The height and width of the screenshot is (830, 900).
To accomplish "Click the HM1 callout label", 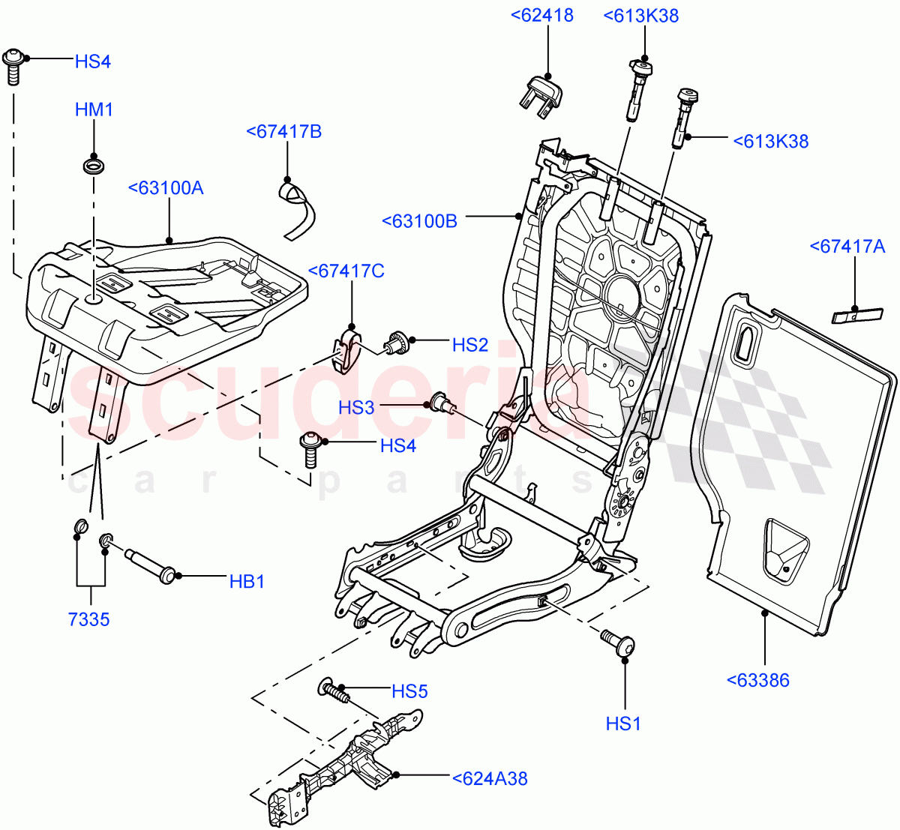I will tap(94, 109).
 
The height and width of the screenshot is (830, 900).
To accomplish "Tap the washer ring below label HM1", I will tap(94, 164).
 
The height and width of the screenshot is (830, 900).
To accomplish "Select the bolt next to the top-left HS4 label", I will tap(13, 66).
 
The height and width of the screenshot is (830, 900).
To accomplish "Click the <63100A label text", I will tap(166, 187).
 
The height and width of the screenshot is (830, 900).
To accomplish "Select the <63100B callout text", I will tap(419, 221).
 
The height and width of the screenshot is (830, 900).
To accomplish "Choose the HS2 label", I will tap(470, 345).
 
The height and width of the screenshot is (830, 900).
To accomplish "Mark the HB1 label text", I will tap(247, 581).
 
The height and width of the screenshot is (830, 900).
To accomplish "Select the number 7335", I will tap(88, 619).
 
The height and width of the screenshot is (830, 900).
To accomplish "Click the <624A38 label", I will tap(490, 779).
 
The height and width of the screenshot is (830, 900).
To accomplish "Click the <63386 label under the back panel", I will tap(757, 680).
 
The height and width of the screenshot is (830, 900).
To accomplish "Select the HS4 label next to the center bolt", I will tap(397, 445).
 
